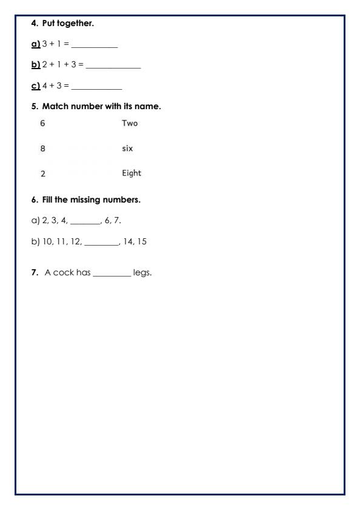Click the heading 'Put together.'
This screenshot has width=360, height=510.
[x=65, y=24]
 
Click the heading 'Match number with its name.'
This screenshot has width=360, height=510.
[x=95, y=107]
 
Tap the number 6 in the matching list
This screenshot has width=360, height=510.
[x=42, y=124]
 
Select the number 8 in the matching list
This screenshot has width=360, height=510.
[x=42, y=148]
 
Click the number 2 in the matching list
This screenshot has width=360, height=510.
[x=42, y=173]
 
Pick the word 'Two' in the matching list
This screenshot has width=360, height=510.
[x=130, y=124]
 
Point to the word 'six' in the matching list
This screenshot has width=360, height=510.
[x=127, y=148]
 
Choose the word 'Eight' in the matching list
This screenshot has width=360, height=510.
[x=132, y=173]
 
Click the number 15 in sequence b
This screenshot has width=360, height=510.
[x=142, y=241]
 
